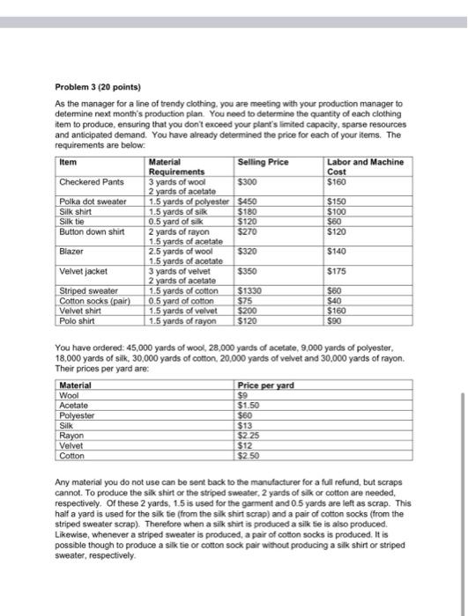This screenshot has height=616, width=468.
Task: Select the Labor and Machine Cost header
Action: [364, 166]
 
